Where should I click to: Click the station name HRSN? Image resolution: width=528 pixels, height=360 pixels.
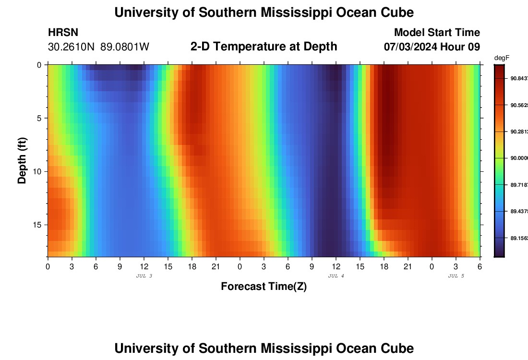coord(63,33)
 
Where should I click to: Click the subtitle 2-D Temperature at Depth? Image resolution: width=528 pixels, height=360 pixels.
coord(264,46)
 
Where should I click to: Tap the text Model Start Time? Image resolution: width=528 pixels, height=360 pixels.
coord(437,33)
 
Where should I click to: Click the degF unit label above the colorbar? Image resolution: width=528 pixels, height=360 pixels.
coord(501,58)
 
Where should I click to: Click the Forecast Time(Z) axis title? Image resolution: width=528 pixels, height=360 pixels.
coord(264,287)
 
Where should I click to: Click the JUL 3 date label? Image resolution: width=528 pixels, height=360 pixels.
coord(144,276)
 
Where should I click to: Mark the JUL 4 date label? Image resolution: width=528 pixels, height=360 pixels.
coord(336,276)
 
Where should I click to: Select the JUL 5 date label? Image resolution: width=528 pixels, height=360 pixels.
coord(456,276)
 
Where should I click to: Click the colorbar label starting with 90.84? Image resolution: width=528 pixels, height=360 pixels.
coord(518,78)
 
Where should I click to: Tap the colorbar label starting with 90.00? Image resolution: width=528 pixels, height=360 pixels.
coord(518,158)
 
